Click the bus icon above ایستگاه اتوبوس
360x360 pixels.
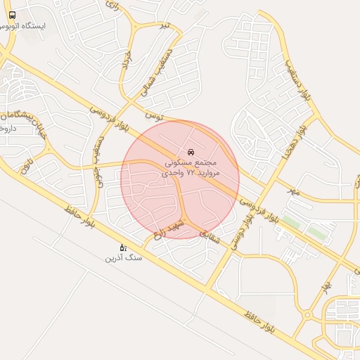(13, 15)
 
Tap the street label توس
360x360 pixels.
(154, 114)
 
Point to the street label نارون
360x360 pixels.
(27, 165)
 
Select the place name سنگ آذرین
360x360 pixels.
(124, 258)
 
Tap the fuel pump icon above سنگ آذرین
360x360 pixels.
(123, 247)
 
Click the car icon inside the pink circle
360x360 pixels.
(191, 151)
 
